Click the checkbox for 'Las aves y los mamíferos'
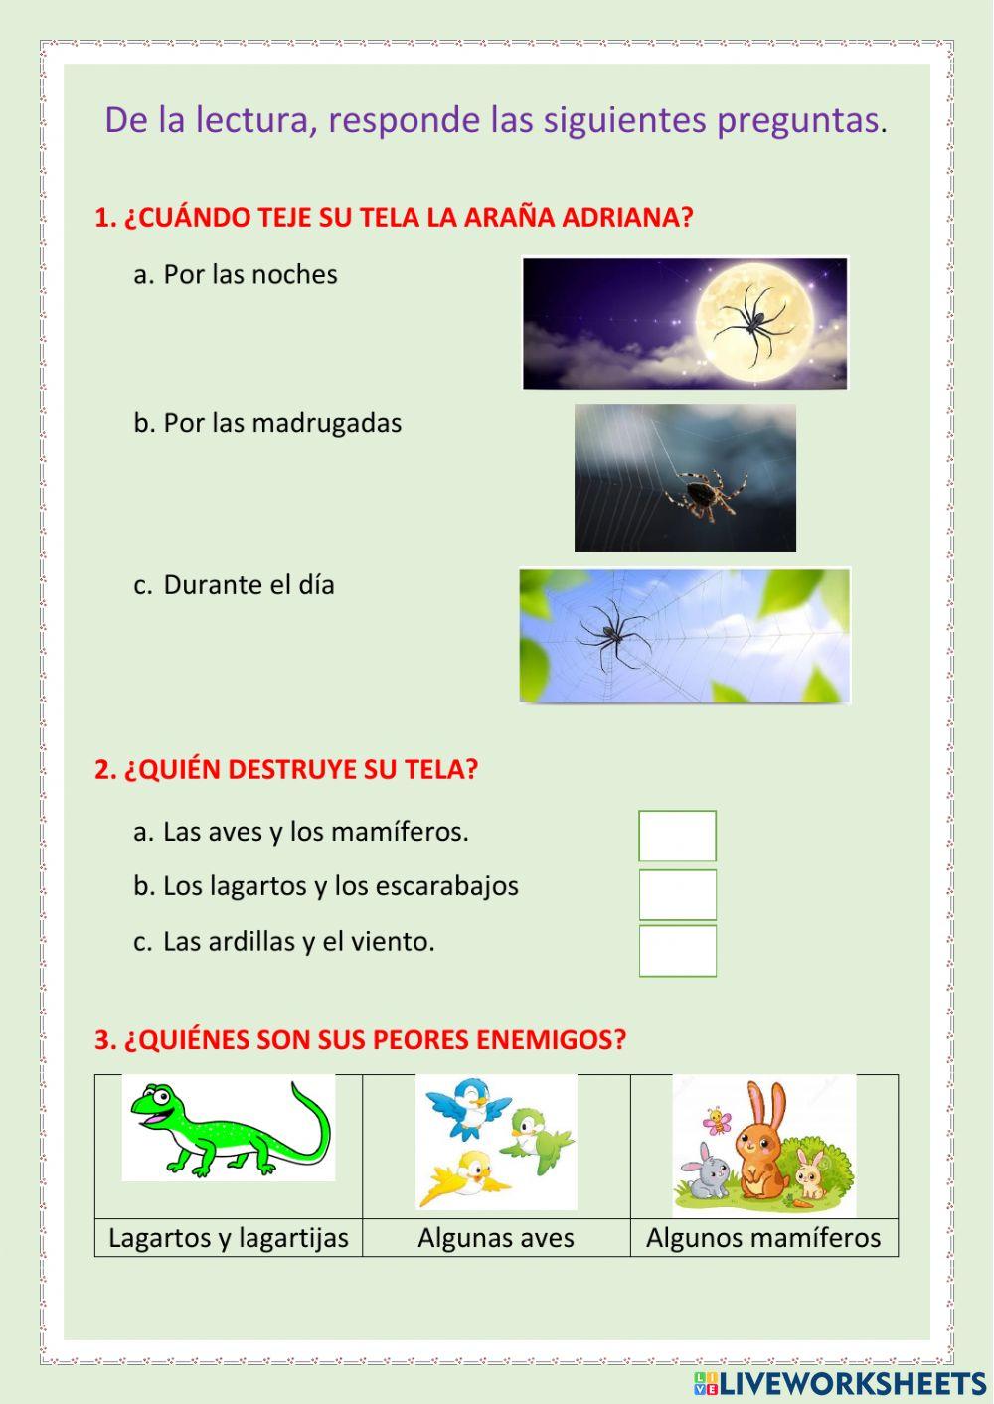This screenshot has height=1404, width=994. [677, 836]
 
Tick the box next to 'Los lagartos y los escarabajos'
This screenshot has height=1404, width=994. [677, 894]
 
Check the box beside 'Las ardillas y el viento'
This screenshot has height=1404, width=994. [677, 951]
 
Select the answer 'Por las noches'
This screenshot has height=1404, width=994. [249, 275]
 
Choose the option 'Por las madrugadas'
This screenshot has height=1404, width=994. [281, 423]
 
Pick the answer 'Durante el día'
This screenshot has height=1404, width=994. [248, 585]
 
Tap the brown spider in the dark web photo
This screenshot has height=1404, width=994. [710, 492]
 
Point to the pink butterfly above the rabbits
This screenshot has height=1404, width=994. [717, 1122]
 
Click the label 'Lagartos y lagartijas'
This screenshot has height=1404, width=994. [229, 1238]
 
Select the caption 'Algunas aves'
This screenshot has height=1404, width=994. [496, 1238]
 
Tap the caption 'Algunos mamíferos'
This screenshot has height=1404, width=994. [763, 1238]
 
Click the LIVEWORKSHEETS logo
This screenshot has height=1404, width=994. [840, 1383]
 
